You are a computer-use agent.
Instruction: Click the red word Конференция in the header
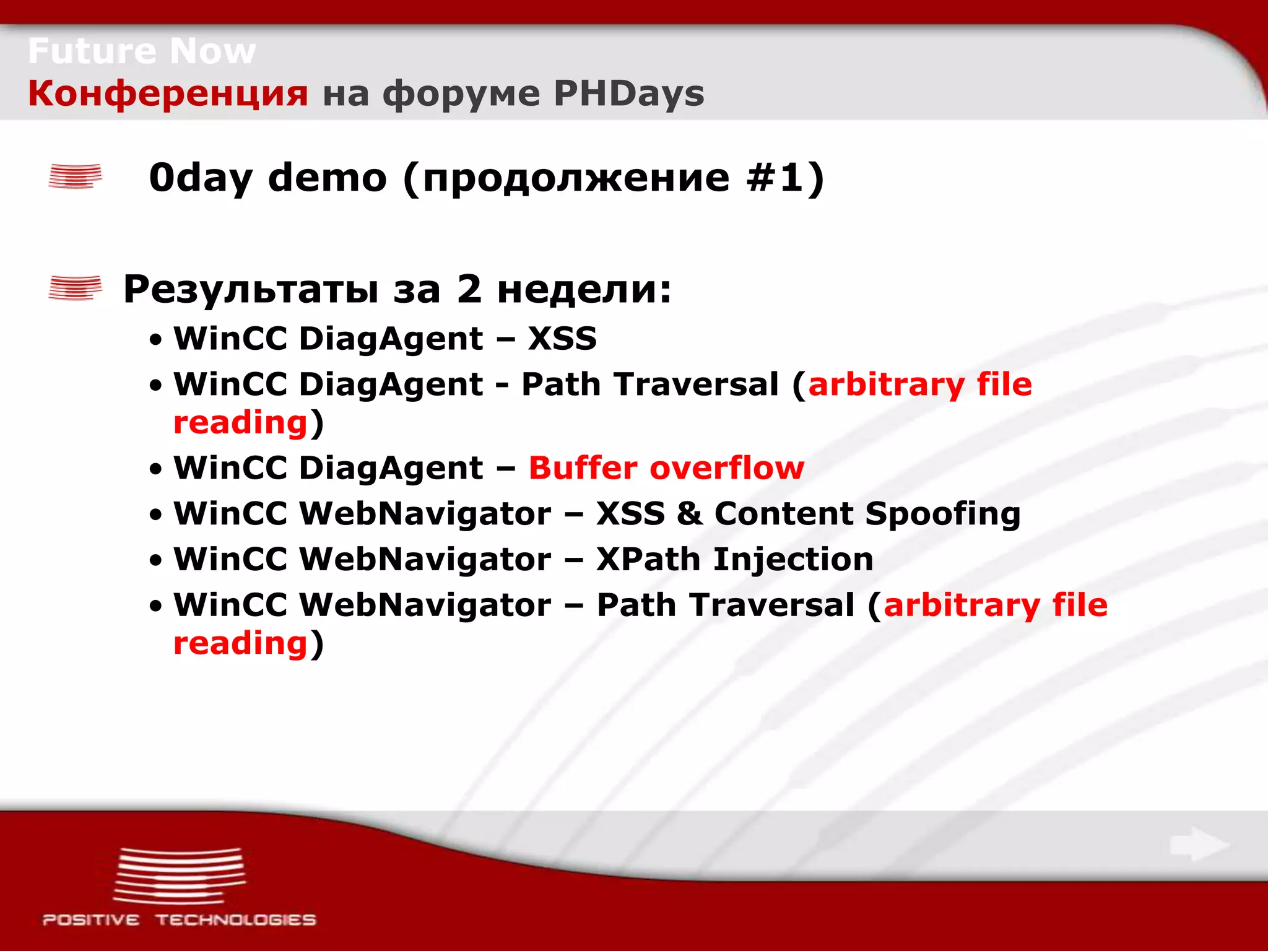(167, 94)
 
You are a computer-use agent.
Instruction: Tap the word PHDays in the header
(628, 94)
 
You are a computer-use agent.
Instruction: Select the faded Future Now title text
(141, 51)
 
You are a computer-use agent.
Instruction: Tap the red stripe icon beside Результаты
(75, 288)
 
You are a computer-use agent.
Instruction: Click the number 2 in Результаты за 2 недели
(469, 289)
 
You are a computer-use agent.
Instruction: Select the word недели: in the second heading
(584, 289)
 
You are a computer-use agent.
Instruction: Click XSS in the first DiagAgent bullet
(562, 339)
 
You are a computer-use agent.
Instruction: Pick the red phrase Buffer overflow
(666, 467)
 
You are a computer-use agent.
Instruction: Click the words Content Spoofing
(867, 514)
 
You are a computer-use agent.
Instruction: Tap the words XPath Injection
(734, 559)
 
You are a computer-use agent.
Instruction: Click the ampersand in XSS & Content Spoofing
(689, 514)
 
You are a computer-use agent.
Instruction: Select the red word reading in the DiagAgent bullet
(240, 423)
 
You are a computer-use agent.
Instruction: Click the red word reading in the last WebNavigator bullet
(240, 644)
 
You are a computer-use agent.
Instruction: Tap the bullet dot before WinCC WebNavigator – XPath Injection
(156, 561)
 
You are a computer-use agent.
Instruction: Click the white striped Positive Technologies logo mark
(180, 875)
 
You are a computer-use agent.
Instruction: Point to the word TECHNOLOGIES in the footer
(235, 920)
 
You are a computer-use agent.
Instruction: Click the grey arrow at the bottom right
(1199, 844)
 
